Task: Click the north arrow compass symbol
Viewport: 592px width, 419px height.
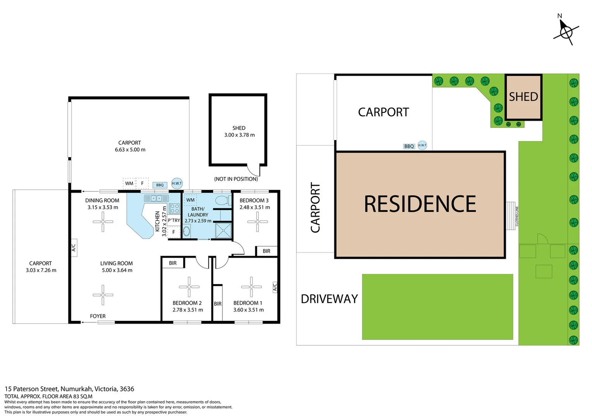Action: [566, 32]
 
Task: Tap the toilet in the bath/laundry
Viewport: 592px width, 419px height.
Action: [223, 200]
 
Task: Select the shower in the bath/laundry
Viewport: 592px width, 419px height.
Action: [223, 231]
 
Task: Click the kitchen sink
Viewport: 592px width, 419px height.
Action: [156, 198]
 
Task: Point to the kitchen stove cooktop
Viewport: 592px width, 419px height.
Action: [174, 208]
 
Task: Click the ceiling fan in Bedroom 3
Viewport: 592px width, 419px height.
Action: [257, 222]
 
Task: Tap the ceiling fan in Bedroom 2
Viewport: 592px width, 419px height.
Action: [189, 287]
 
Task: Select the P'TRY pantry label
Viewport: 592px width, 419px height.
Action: [174, 220]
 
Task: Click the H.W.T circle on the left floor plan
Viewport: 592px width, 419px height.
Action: [177, 183]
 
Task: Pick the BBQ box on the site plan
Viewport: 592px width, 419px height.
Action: [409, 146]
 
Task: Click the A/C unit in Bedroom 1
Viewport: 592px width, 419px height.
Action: [275, 287]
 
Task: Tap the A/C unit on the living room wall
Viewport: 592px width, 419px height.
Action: [74, 248]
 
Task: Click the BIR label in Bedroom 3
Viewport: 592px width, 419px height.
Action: [267, 251]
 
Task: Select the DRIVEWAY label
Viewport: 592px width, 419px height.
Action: [329, 299]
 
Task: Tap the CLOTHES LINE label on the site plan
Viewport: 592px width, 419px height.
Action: [517, 216]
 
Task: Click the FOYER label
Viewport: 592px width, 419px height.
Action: [98, 316]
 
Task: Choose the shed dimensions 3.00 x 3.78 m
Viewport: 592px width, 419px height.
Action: [239, 135]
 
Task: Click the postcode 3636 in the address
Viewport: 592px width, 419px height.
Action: [127, 389]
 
